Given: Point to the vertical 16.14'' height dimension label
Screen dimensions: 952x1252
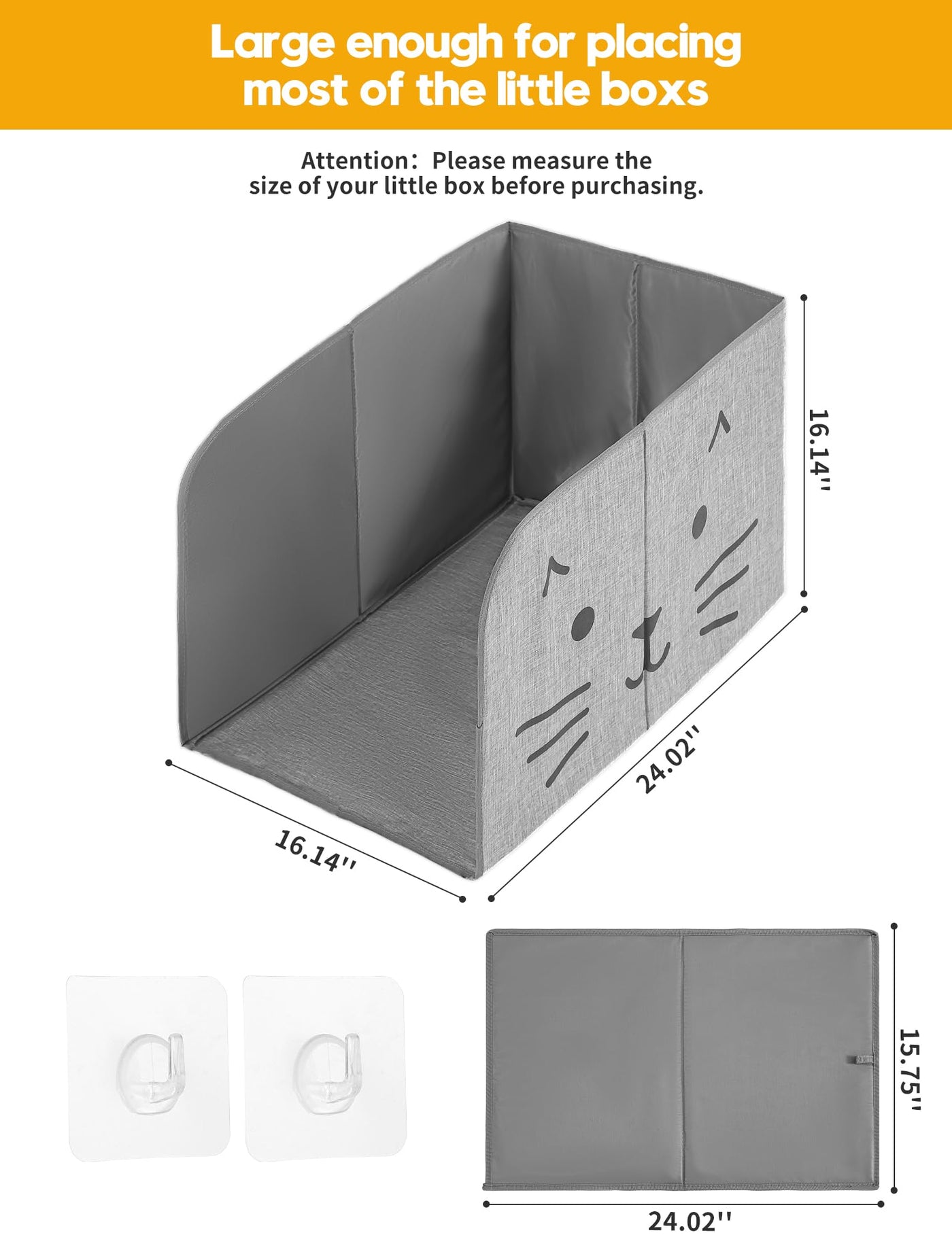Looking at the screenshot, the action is coord(819,450).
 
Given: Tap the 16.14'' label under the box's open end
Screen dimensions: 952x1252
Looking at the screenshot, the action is coord(316,850).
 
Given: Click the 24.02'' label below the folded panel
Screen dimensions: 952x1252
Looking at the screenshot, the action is coord(690,1221).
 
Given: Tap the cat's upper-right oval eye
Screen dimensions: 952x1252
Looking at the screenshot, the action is coord(699,521).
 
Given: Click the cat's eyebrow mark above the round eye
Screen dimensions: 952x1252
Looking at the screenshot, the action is coord(556,574).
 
